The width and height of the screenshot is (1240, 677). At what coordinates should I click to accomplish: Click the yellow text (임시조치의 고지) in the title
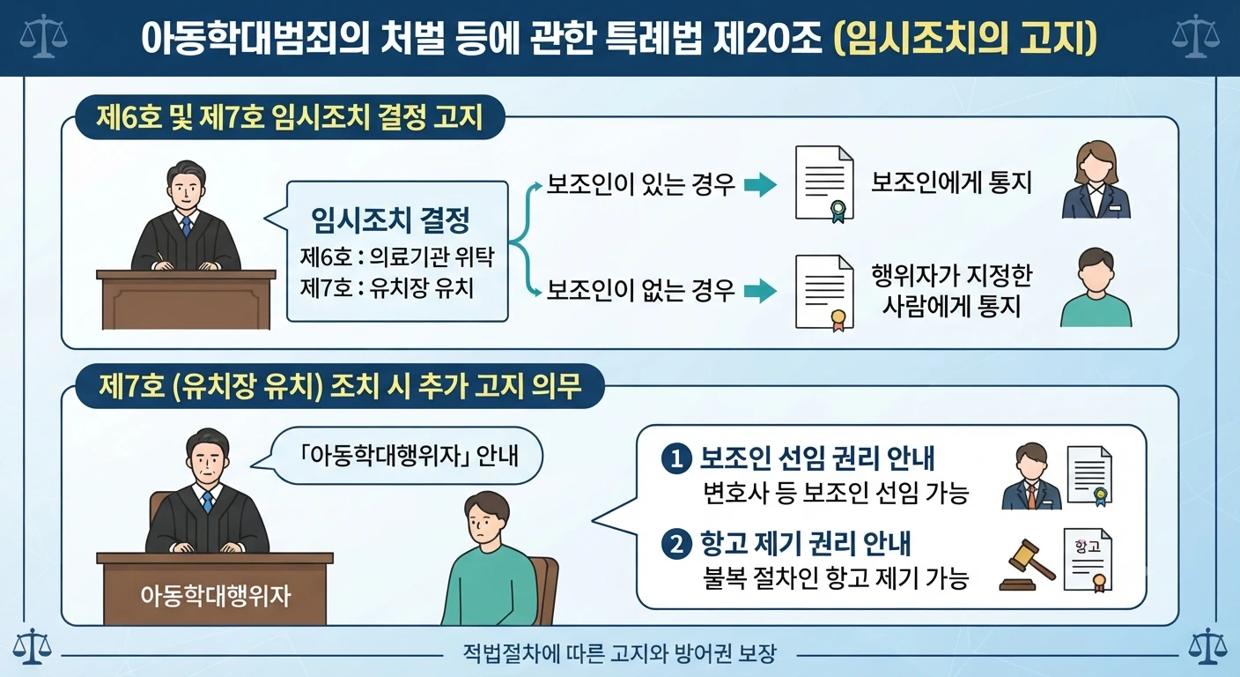965,38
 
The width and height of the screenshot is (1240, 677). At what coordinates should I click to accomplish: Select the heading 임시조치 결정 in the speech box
390,220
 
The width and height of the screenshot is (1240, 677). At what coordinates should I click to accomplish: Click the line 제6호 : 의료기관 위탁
396,257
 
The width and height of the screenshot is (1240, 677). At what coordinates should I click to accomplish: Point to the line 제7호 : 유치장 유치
387,288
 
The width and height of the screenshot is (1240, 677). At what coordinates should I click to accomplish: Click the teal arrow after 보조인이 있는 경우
760,185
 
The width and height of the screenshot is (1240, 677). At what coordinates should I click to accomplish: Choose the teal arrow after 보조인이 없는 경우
760,292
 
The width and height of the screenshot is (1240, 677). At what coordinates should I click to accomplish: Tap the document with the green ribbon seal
824,184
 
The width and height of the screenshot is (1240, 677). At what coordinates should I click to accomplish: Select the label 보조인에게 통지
952,182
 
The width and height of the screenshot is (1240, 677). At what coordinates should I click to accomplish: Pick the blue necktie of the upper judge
187,226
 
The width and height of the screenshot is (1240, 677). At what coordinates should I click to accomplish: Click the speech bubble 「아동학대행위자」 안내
397,456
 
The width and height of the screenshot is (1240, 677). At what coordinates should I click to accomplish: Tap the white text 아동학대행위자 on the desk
216,596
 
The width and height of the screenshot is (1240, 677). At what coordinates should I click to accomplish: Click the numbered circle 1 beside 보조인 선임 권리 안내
676,459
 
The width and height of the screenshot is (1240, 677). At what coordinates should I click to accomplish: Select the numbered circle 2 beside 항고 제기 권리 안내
676,545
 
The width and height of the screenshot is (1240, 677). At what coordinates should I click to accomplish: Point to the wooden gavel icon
1027,565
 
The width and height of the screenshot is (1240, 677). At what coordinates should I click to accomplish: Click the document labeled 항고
1088,560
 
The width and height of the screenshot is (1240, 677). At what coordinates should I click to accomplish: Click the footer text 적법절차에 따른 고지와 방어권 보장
619,654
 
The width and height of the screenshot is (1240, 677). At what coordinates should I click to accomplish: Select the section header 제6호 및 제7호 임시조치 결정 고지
290,117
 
